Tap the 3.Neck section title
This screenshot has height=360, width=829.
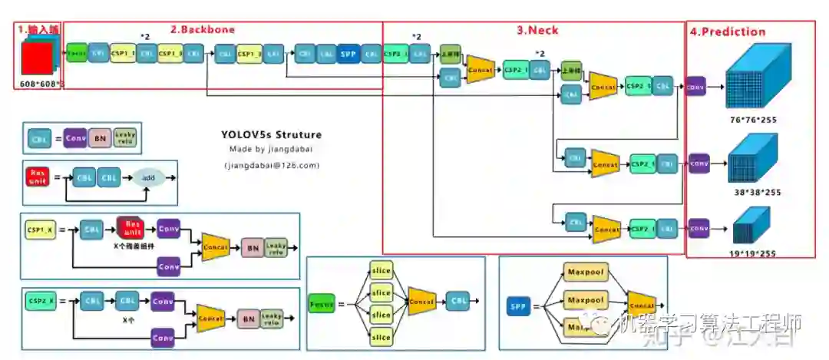537,31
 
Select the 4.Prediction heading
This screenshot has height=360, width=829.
727,31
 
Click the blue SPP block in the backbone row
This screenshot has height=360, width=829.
348,54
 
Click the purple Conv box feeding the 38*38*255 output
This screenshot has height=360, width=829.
698,163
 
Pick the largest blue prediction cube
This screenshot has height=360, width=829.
755,77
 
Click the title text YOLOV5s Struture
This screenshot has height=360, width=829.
271,135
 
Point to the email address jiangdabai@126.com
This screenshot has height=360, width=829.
272,165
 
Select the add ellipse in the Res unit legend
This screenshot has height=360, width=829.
148,177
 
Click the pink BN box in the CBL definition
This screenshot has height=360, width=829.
99,138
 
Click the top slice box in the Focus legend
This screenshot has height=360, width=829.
381,271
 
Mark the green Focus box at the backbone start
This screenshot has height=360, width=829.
77,54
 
